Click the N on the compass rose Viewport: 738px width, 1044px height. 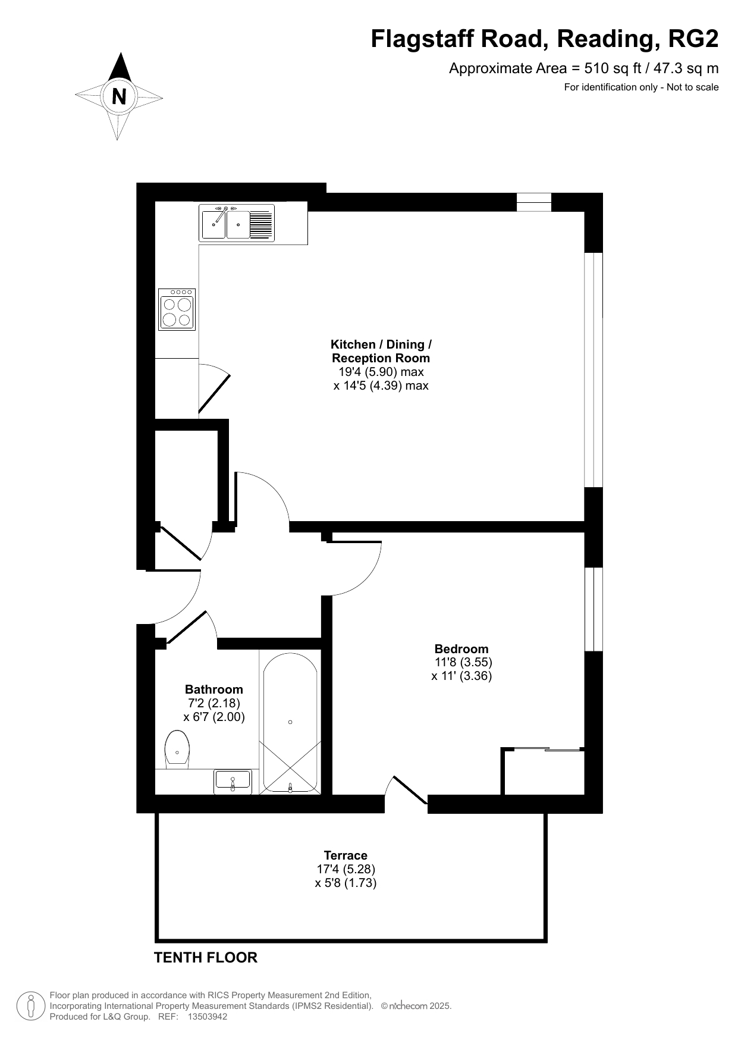[119, 96]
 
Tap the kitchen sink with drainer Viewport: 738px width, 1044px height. [237, 223]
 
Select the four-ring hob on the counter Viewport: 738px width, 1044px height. [177, 309]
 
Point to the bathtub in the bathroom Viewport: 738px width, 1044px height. [290, 723]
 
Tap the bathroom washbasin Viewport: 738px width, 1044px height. [233, 781]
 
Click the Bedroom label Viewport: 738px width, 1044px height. [461, 649]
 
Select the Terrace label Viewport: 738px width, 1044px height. [346, 855]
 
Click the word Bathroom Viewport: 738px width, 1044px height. [214, 689]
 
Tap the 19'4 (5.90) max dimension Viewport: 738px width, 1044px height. [381, 372]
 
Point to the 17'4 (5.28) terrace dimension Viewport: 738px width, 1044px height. [346, 869]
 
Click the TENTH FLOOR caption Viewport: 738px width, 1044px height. [206, 957]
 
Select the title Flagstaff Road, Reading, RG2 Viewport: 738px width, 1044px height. [545, 39]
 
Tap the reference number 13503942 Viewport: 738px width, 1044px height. [207, 1017]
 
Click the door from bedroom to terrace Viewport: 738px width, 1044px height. [407, 790]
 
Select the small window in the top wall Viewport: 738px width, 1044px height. [534, 202]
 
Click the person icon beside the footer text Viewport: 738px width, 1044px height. [31, 1006]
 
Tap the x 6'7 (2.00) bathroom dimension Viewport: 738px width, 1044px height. [214, 717]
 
